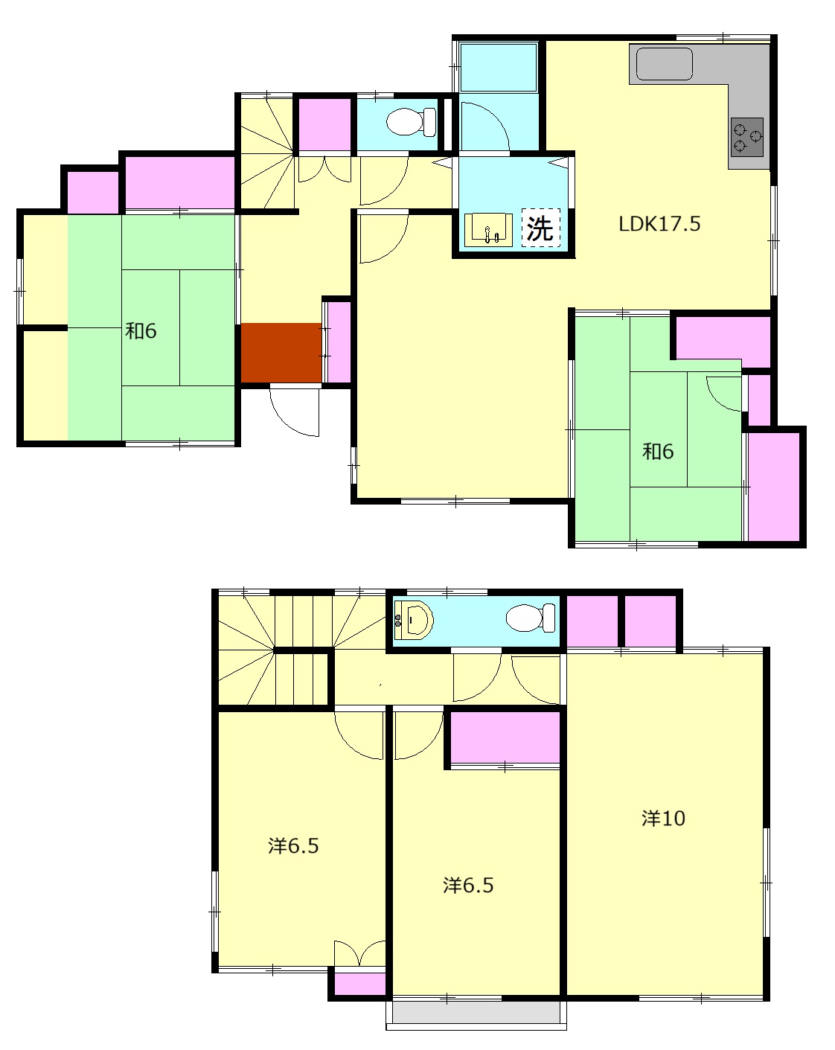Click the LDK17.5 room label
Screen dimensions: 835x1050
659,224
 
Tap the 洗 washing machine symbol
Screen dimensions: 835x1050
541,228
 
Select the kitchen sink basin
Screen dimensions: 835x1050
664,63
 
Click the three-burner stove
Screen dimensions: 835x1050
746,137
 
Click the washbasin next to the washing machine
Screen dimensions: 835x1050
488,230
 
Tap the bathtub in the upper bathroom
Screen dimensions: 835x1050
499,67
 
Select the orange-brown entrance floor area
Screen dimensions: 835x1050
281,353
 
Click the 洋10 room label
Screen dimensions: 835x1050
663,819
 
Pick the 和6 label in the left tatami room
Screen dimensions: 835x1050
141,331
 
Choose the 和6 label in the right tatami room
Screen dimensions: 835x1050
658,451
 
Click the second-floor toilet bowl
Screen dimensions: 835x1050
531,618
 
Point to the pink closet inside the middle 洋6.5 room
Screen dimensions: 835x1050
505,737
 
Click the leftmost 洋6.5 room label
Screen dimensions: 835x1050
292,846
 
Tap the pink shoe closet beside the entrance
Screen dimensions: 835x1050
339,342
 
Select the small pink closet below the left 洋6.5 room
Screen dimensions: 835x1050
359,984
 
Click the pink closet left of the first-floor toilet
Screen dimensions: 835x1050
324,124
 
